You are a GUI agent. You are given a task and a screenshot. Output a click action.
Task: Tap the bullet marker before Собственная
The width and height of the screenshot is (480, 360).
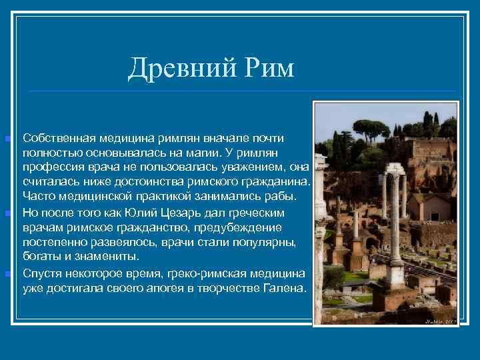tap(7, 139)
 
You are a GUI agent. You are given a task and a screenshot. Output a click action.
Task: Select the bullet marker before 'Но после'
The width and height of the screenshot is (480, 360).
tap(7, 213)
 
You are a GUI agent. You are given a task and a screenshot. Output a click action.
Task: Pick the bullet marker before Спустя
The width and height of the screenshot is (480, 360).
tap(7, 274)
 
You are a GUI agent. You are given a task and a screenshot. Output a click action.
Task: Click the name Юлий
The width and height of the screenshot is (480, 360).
tap(139, 213)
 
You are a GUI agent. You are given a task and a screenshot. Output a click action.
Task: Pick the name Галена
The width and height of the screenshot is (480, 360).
tap(285, 289)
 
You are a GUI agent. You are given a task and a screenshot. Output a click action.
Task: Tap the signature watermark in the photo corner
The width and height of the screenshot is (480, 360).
tap(440, 321)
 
